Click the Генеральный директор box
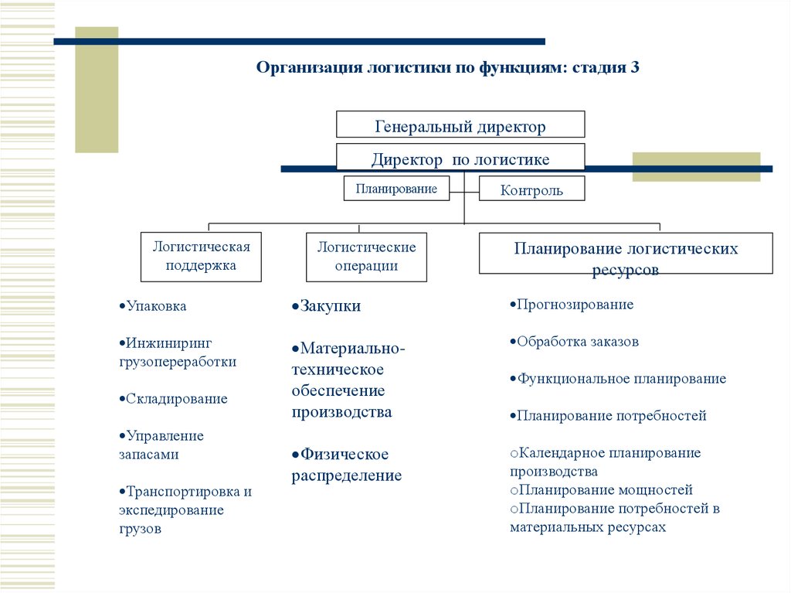click(x=460, y=124)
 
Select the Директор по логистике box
click(x=460, y=157)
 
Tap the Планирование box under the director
click(x=396, y=189)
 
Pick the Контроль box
click(x=531, y=189)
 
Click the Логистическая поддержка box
click(x=201, y=257)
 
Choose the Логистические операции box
click(x=366, y=257)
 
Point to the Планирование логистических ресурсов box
click(x=626, y=254)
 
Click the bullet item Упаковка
click(x=153, y=306)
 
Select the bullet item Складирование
click(x=174, y=399)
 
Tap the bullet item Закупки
click(x=327, y=305)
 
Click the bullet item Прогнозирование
click(x=572, y=305)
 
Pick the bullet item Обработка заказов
click(x=574, y=342)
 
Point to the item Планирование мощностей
click(x=601, y=490)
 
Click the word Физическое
click(x=345, y=454)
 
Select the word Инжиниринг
click(x=169, y=343)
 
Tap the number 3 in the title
click(x=635, y=67)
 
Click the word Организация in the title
click(x=309, y=68)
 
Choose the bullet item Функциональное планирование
click(x=618, y=379)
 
